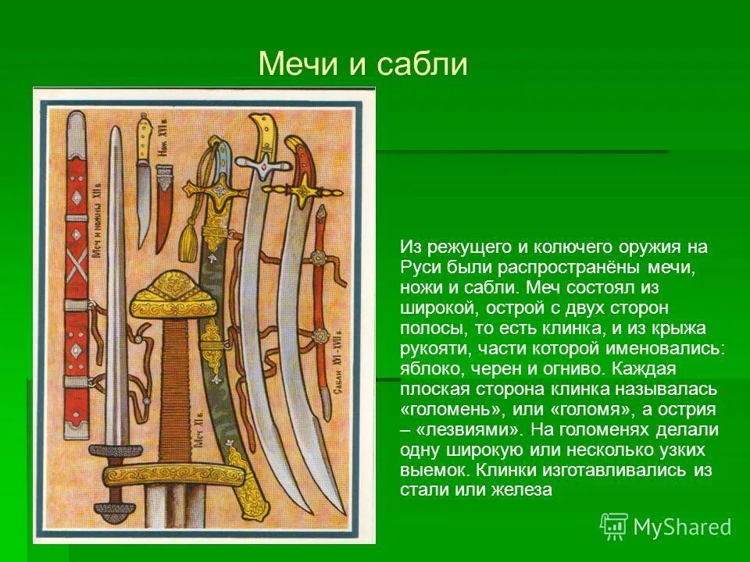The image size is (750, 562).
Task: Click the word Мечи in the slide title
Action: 295,64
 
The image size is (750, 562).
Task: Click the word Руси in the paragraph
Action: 417,267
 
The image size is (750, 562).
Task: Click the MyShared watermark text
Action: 681,527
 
